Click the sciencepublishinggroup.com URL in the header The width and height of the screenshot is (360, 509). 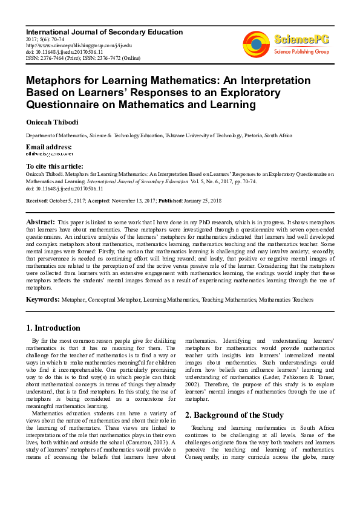pyautogui.click(x=78, y=45)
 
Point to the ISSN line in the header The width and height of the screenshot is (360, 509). pyautogui.click(x=82, y=58)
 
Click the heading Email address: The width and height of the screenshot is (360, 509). pyautogui.click(x=48, y=147)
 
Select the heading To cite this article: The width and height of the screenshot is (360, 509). pyautogui.click(x=54, y=166)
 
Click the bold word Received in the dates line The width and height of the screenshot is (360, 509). pyautogui.click(x=37, y=199)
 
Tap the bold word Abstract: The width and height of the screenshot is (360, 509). pyautogui.click(x=41, y=222)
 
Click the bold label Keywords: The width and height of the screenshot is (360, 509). pyautogui.click(x=42, y=299)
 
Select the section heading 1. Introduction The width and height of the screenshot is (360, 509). pyautogui.click(x=53, y=328)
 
